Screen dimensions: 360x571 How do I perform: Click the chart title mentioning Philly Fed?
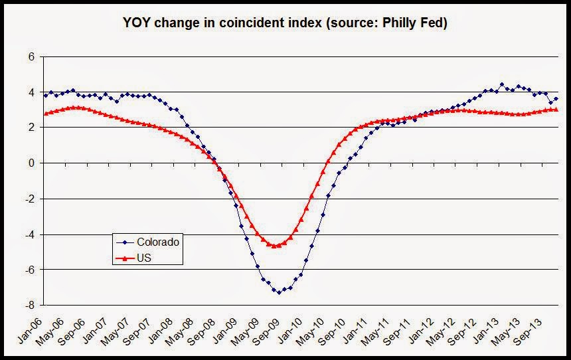286,24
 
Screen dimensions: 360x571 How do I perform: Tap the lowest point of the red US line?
274,246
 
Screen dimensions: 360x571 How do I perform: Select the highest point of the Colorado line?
501,84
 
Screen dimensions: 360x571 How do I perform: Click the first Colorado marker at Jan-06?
45,95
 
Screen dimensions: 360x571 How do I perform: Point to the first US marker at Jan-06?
45,114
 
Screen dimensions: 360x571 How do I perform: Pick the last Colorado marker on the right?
556,98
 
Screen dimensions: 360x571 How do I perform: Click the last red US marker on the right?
556,110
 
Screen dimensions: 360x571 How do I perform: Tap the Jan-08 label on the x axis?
159,326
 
